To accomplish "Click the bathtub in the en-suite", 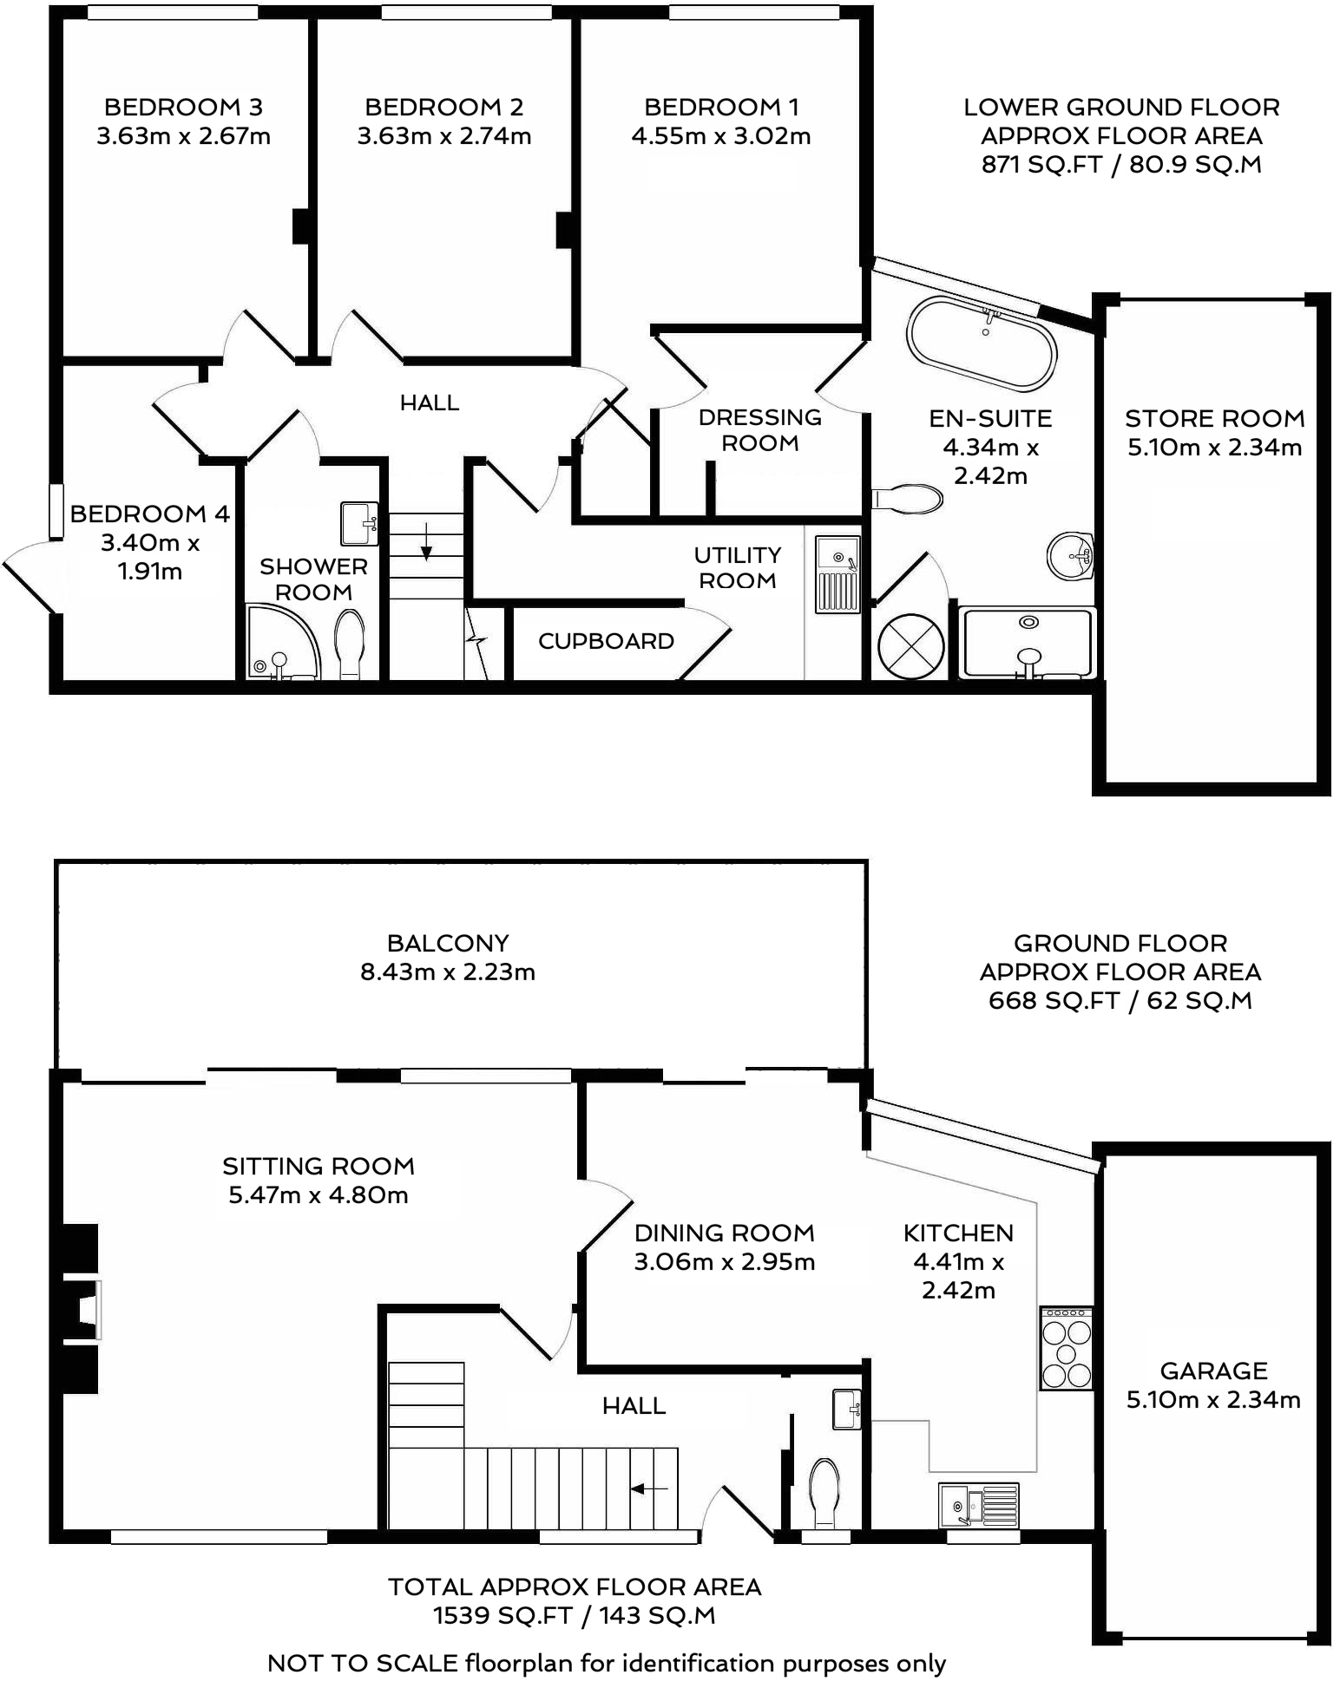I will pos(982,343).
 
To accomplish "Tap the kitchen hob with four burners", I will pos(1066,1348).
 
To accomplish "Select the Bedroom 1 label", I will pos(720,108).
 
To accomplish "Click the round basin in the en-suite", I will pos(1071,554).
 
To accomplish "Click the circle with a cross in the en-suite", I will pos(910,645).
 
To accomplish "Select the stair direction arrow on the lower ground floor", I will pos(427,540).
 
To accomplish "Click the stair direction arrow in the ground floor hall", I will pos(648,1488).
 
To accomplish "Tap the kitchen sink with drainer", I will pos(979,1503).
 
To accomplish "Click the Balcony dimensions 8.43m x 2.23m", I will pos(448,972).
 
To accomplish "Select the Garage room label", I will pos(1213,1371).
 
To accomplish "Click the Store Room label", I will pos(1214,419).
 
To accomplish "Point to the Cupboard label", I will pos(606,641).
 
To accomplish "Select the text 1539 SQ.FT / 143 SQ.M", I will pos(575,1615).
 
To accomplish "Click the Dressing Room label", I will pos(759,429).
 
